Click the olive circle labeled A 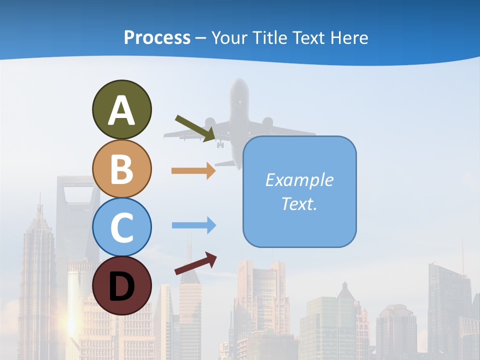click(x=121, y=109)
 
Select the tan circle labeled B click(x=121, y=168)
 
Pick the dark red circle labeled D click(x=121, y=285)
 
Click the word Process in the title click(x=157, y=37)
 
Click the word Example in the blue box click(x=299, y=180)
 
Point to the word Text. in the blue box click(x=299, y=203)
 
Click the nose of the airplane click(x=240, y=82)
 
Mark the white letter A click(x=121, y=110)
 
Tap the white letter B click(x=121, y=169)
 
